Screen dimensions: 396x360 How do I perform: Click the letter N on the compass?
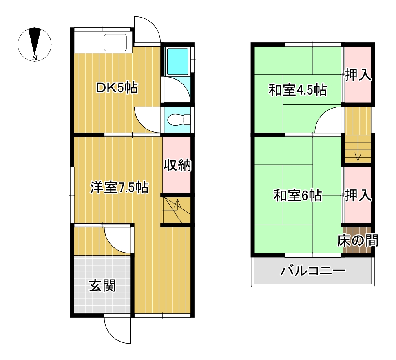point(35,58)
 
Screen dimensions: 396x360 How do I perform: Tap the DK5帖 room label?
point(117,88)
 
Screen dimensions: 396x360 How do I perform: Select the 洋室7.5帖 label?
point(119,188)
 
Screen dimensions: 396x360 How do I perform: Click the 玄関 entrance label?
point(102,286)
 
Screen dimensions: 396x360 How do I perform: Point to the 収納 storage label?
point(178,165)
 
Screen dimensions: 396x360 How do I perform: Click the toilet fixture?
point(179,120)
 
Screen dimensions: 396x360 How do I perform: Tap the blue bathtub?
point(178,62)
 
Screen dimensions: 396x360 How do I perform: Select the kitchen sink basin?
point(115,42)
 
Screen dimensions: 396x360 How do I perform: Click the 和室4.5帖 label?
point(298,90)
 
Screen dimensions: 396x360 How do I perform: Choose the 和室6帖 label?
point(298,196)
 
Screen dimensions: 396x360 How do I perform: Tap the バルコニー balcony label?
point(313,271)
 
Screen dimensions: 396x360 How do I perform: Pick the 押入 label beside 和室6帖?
point(358,196)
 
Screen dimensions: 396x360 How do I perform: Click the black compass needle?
point(35,40)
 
